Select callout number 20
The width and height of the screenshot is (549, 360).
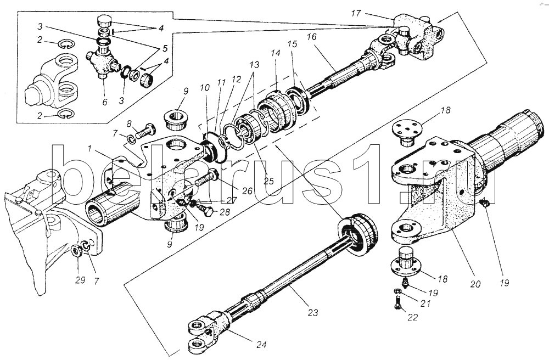coord(475,285)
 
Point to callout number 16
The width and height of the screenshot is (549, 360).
coord(312,37)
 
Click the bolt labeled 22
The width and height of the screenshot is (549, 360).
coord(397,302)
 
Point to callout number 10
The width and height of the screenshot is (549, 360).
coord(205,88)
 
